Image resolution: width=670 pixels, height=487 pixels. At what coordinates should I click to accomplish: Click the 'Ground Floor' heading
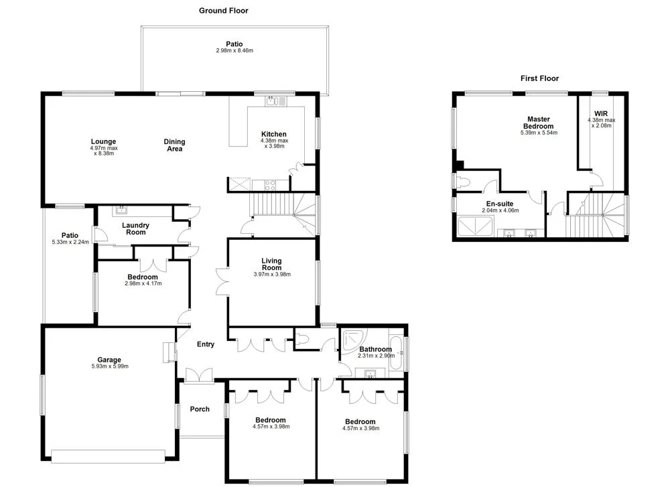[224, 11]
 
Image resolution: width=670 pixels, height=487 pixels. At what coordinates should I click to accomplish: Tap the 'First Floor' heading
[539, 78]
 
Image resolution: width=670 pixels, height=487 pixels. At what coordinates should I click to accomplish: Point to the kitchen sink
[274, 102]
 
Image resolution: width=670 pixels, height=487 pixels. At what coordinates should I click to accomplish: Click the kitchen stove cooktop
[269, 184]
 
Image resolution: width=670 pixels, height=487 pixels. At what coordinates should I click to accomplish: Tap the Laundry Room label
[135, 228]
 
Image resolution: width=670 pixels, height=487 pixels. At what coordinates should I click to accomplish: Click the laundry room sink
[122, 210]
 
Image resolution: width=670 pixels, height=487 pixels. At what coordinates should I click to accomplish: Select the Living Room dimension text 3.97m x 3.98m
[272, 274]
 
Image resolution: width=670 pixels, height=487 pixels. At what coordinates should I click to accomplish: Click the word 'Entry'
[206, 344]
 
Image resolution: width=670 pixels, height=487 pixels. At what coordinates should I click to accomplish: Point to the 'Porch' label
[200, 409]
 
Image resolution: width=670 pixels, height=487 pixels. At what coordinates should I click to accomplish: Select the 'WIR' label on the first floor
[600, 114]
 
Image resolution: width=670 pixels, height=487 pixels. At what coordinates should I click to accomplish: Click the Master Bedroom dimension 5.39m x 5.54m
[539, 133]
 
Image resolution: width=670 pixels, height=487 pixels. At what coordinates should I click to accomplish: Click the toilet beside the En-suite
[462, 181]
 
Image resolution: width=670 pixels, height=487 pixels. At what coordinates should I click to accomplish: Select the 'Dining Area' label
[174, 145]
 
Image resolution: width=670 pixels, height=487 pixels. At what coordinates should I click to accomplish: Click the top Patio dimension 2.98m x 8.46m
[234, 51]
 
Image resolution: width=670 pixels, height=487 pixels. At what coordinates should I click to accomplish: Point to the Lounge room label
[104, 141]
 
